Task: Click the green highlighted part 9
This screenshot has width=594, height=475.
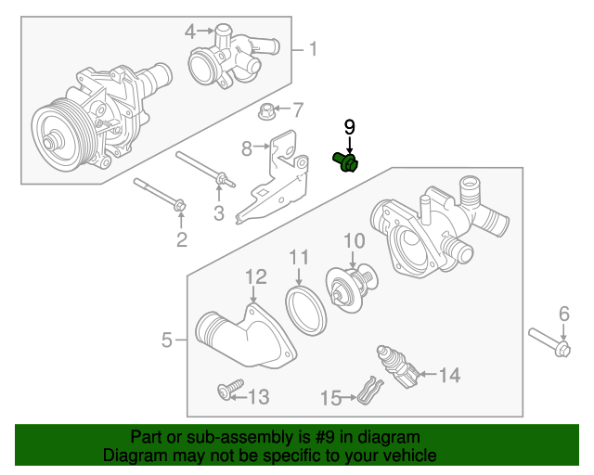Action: (x=347, y=163)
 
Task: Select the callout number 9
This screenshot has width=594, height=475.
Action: (x=350, y=126)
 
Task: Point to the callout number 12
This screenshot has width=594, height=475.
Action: (x=255, y=276)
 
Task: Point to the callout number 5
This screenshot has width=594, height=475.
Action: (x=167, y=340)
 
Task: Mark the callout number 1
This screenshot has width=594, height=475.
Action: (x=313, y=48)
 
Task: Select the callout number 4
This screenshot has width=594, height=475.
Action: (x=190, y=31)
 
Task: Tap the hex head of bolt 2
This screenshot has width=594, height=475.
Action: (x=180, y=205)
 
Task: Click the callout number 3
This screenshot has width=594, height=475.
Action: (x=219, y=215)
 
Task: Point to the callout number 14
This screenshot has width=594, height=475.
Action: (x=449, y=376)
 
